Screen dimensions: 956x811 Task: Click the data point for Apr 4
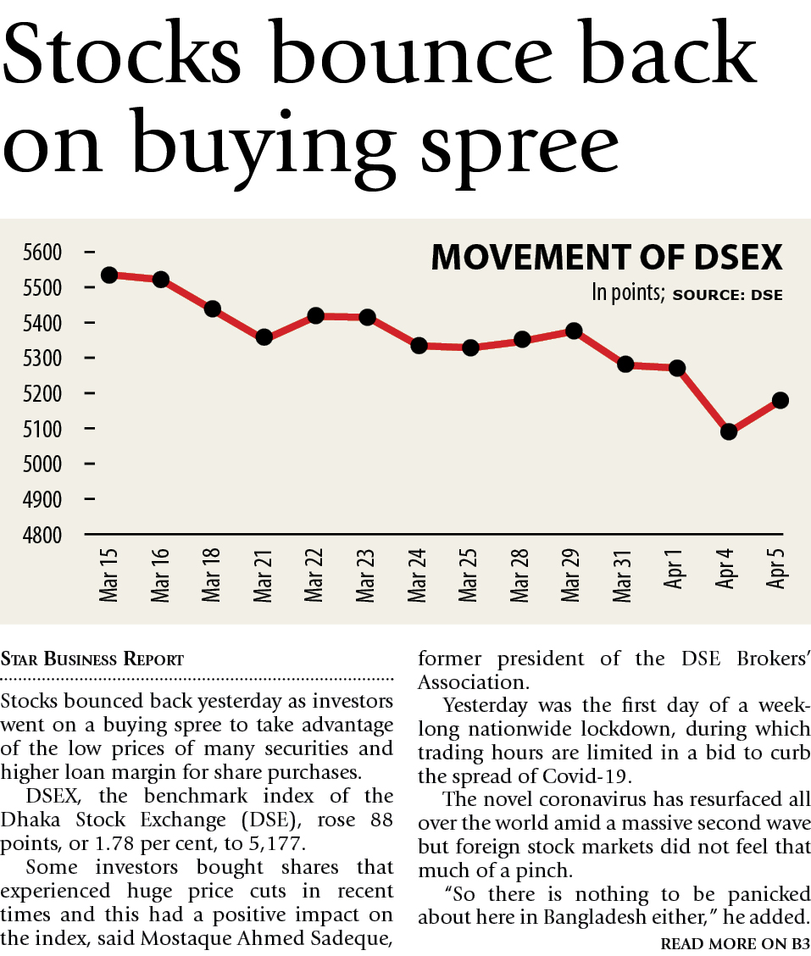pos(729,431)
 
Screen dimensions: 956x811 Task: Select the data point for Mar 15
pos(108,275)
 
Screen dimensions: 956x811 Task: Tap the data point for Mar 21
pos(264,336)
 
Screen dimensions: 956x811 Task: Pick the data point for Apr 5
pos(780,400)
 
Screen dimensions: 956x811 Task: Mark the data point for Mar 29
pos(574,331)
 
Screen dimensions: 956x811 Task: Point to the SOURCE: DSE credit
pos(727,296)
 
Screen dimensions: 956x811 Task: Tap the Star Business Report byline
pos(92,659)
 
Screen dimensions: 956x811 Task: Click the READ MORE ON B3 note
pos(734,943)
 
